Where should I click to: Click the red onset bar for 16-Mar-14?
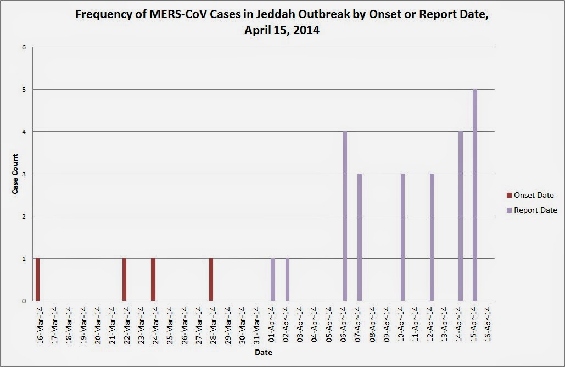tap(38, 280)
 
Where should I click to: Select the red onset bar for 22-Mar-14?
tap(125, 280)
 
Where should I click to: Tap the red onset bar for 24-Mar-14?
tap(153, 280)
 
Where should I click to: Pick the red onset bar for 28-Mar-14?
tap(211, 280)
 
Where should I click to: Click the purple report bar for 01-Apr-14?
tap(273, 280)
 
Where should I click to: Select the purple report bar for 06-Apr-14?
tap(345, 216)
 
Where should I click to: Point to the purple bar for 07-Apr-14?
tap(360, 237)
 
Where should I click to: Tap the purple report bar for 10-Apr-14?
tap(403, 237)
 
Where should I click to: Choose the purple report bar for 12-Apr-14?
tap(432, 237)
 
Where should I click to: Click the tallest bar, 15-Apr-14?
tap(475, 195)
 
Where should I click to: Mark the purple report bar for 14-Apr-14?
tap(461, 216)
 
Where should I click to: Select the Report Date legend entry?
tap(532, 210)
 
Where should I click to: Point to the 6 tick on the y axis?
tap(24, 47)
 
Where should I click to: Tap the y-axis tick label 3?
tap(24, 174)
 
